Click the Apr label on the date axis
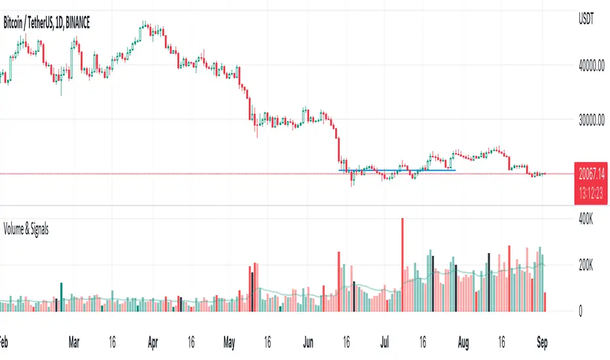152,341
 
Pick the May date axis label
228,341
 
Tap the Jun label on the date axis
306,341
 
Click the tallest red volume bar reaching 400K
403,265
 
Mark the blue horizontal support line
397,170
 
